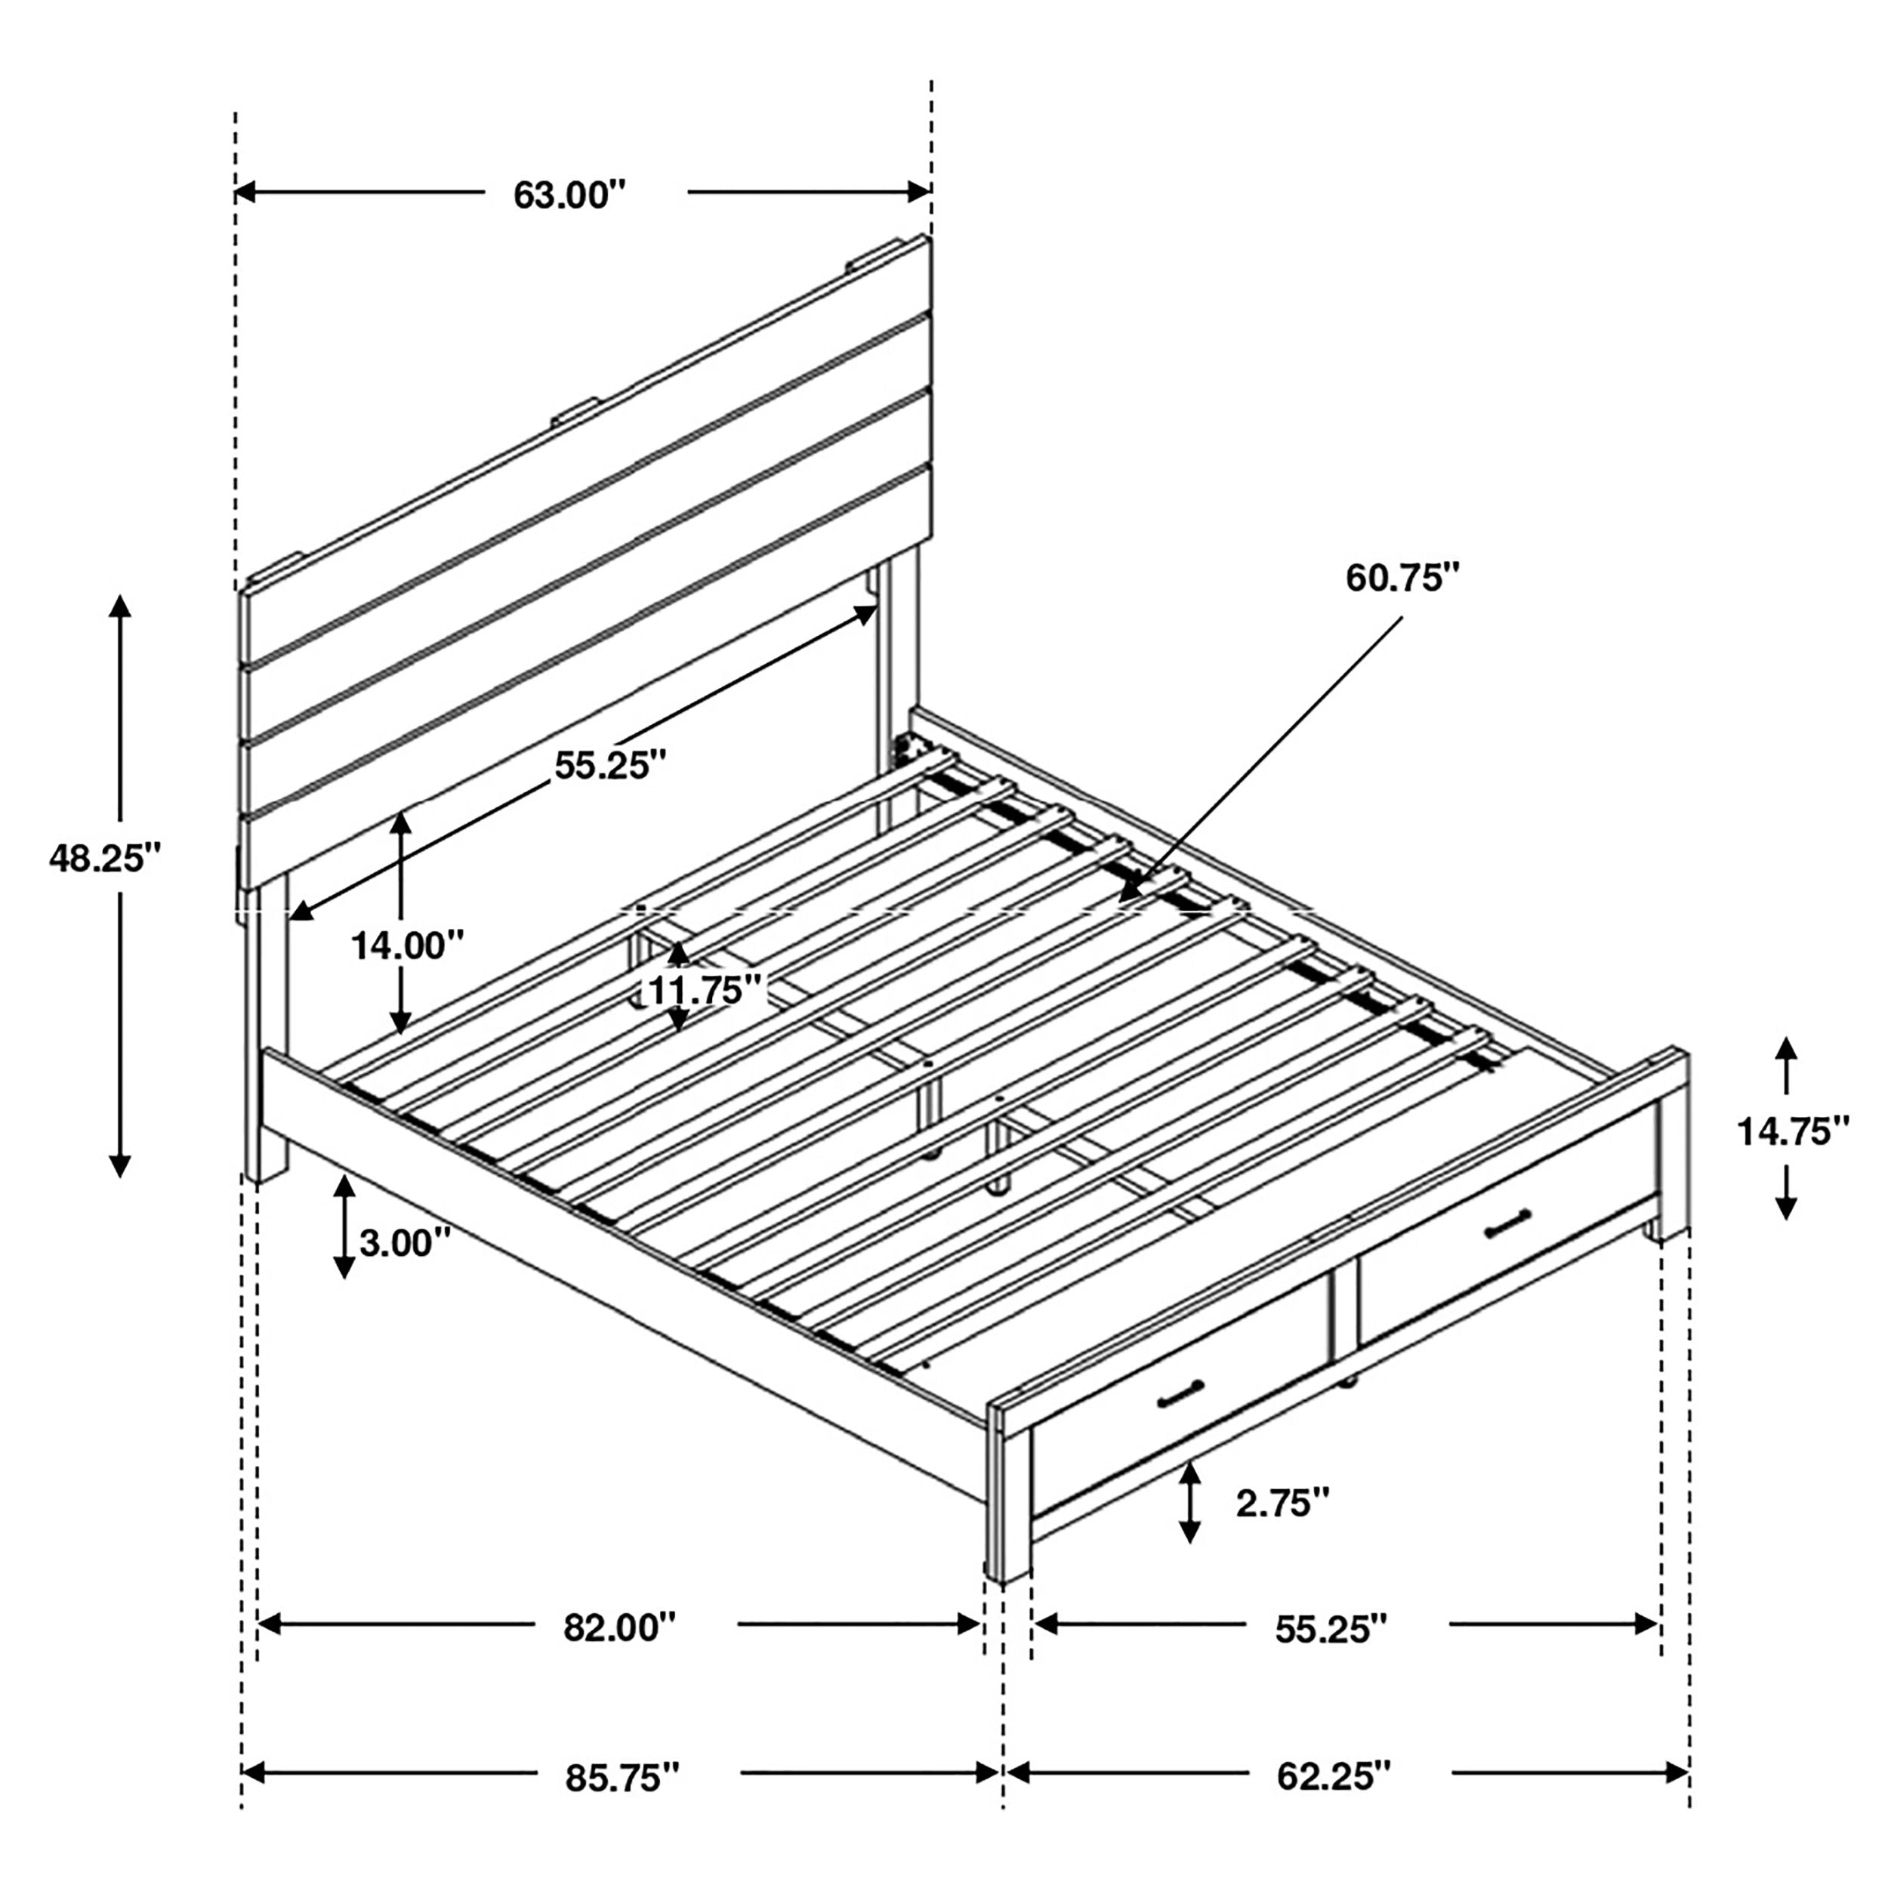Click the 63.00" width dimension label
[x=569, y=195]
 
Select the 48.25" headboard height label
[x=103, y=858]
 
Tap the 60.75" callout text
[x=1402, y=578]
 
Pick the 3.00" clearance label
[x=405, y=1243]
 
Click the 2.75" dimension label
[x=1282, y=1503]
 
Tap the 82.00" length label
[x=619, y=1628]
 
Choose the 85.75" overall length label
[x=622, y=1778]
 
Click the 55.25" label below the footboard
[x=1331, y=1628]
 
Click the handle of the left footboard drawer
[x=1180, y=1397]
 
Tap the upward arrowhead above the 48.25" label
[x=120, y=606]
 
